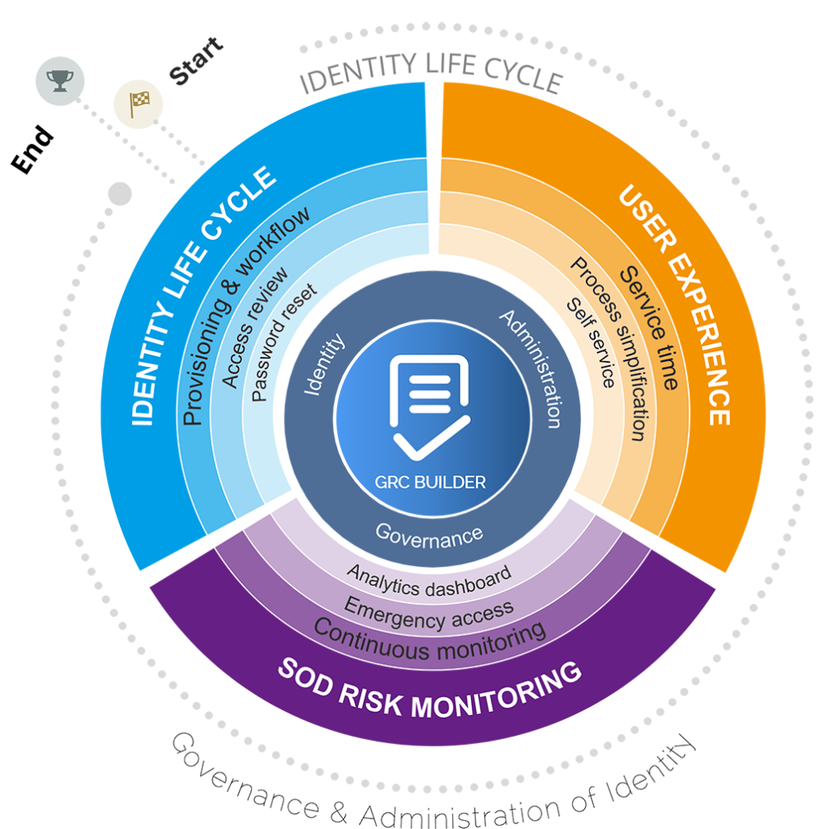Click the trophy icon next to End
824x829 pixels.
pos(60,80)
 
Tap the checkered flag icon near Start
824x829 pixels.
pos(139,104)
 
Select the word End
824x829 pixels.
pos(32,150)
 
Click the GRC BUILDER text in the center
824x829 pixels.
pos(429,483)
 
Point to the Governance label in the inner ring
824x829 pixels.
pos(429,536)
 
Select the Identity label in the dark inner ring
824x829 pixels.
pos(323,363)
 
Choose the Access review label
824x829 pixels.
pos(254,327)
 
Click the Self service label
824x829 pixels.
pos(591,342)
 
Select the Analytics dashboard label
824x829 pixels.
pos(429,581)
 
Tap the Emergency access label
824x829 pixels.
pos(429,614)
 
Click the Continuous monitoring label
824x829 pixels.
pos(429,640)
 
